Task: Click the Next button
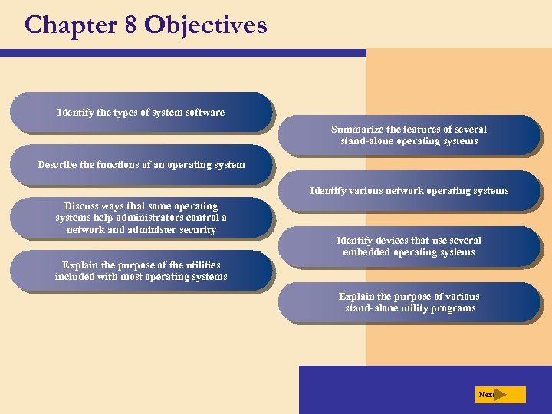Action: tap(499, 395)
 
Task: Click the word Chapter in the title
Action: tap(68, 25)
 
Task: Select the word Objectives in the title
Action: tap(205, 25)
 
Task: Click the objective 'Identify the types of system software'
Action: tap(141, 113)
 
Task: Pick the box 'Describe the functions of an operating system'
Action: tap(141, 164)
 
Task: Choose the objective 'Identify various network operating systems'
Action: tap(409, 191)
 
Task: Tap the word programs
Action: tap(452, 308)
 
